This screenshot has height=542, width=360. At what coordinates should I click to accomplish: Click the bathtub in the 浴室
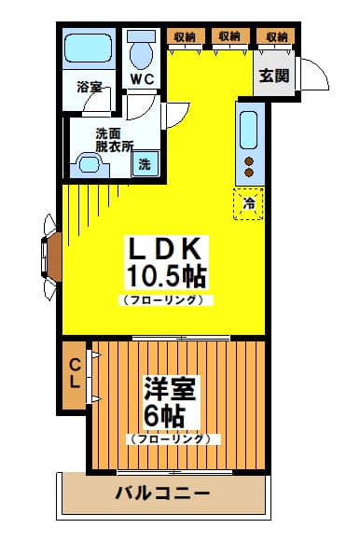click(x=89, y=49)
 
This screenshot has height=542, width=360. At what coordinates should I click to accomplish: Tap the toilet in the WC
click(x=142, y=49)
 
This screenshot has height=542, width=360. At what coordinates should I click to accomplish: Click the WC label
click(x=142, y=79)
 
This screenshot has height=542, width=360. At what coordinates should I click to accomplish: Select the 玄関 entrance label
click(x=274, y=76)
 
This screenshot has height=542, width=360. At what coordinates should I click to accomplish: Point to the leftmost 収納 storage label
click(x=185, y=37)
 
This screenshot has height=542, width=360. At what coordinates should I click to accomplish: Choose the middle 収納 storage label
click(x=229, y=36)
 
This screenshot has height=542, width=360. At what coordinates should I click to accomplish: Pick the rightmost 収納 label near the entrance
click(x=276, y=37)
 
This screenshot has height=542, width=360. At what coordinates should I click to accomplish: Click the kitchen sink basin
click(x=249, y=130)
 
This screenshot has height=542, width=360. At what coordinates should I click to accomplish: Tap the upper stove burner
click(x=249, y=161)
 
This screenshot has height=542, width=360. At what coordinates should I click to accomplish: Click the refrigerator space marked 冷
click(x=248, y=204)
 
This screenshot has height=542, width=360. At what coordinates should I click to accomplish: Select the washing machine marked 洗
click(x=145, y=164)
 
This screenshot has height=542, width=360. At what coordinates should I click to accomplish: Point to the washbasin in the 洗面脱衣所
click(x=90, y=164)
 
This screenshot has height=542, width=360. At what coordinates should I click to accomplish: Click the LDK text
click(x=165, y=248)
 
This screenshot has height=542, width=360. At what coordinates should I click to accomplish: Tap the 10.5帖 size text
click(x=167, y=276)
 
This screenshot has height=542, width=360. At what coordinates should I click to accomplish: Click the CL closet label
click(x=75, y=372)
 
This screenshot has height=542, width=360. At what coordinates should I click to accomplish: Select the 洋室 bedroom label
click(x=170, y=388)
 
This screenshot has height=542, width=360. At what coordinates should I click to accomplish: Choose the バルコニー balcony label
click(x=162, y=493)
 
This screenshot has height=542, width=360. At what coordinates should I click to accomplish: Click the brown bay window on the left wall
click(x=52, y=257)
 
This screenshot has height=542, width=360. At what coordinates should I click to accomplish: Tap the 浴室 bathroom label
click(x=90, y=87)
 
